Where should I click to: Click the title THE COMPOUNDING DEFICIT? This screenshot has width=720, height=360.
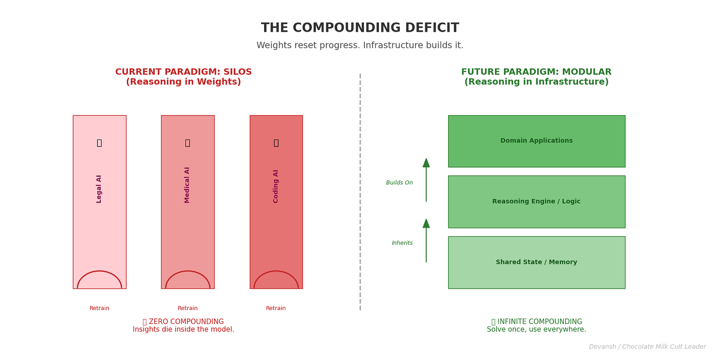click(360, 28)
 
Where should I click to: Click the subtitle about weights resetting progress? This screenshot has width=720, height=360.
click(360, 45)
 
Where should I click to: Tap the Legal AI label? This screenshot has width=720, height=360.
click(99, 188)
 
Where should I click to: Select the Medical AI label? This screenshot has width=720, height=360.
click(187, 184)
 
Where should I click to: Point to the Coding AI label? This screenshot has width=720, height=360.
click(276, 186)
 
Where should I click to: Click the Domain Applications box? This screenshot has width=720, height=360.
click(537, 141)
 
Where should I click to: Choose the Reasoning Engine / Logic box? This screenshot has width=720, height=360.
click(537, 202)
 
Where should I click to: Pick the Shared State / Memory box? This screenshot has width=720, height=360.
click(537, 262)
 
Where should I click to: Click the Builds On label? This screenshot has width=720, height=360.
click(400, 183)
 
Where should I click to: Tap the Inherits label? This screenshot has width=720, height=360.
click(402, 243)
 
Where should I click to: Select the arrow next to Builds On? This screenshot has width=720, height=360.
click(426, 180)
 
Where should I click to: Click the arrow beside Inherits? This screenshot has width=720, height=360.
click(426, 241)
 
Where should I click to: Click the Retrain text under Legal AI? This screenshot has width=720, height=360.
click(99, 309)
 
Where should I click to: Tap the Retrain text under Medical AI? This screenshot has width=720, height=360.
click(187, 309)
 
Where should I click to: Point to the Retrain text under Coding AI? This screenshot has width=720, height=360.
click(276, 309)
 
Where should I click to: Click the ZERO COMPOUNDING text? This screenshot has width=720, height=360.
click(183, 322)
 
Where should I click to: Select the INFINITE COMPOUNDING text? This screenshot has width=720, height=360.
click(537, 322)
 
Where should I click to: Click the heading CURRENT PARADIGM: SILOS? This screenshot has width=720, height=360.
click(183, 72)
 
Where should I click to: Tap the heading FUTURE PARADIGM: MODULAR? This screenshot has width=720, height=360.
click(537, 72)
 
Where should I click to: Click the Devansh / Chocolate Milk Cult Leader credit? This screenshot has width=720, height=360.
click(647, 347)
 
